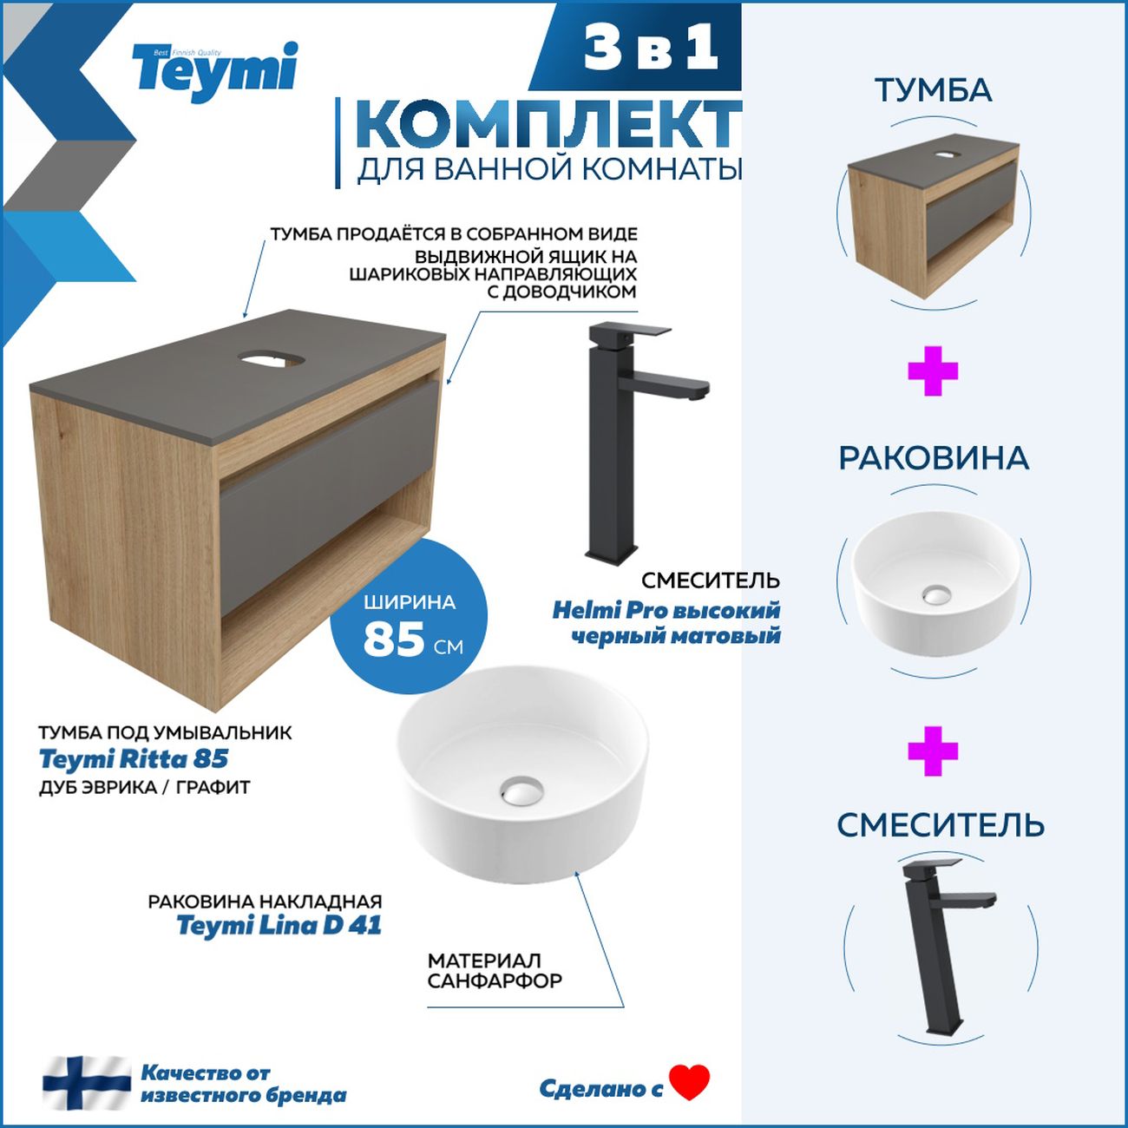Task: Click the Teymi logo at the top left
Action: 214,71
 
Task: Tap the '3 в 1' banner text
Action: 651,48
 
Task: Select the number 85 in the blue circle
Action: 394,640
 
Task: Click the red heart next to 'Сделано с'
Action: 690,1082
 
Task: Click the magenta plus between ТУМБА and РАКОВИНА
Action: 933,371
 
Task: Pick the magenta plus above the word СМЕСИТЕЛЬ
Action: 933,751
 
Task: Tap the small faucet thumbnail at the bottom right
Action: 941,946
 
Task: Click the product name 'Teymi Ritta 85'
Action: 134,759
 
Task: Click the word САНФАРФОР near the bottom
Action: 495,981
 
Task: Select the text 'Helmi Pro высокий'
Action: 666,610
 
